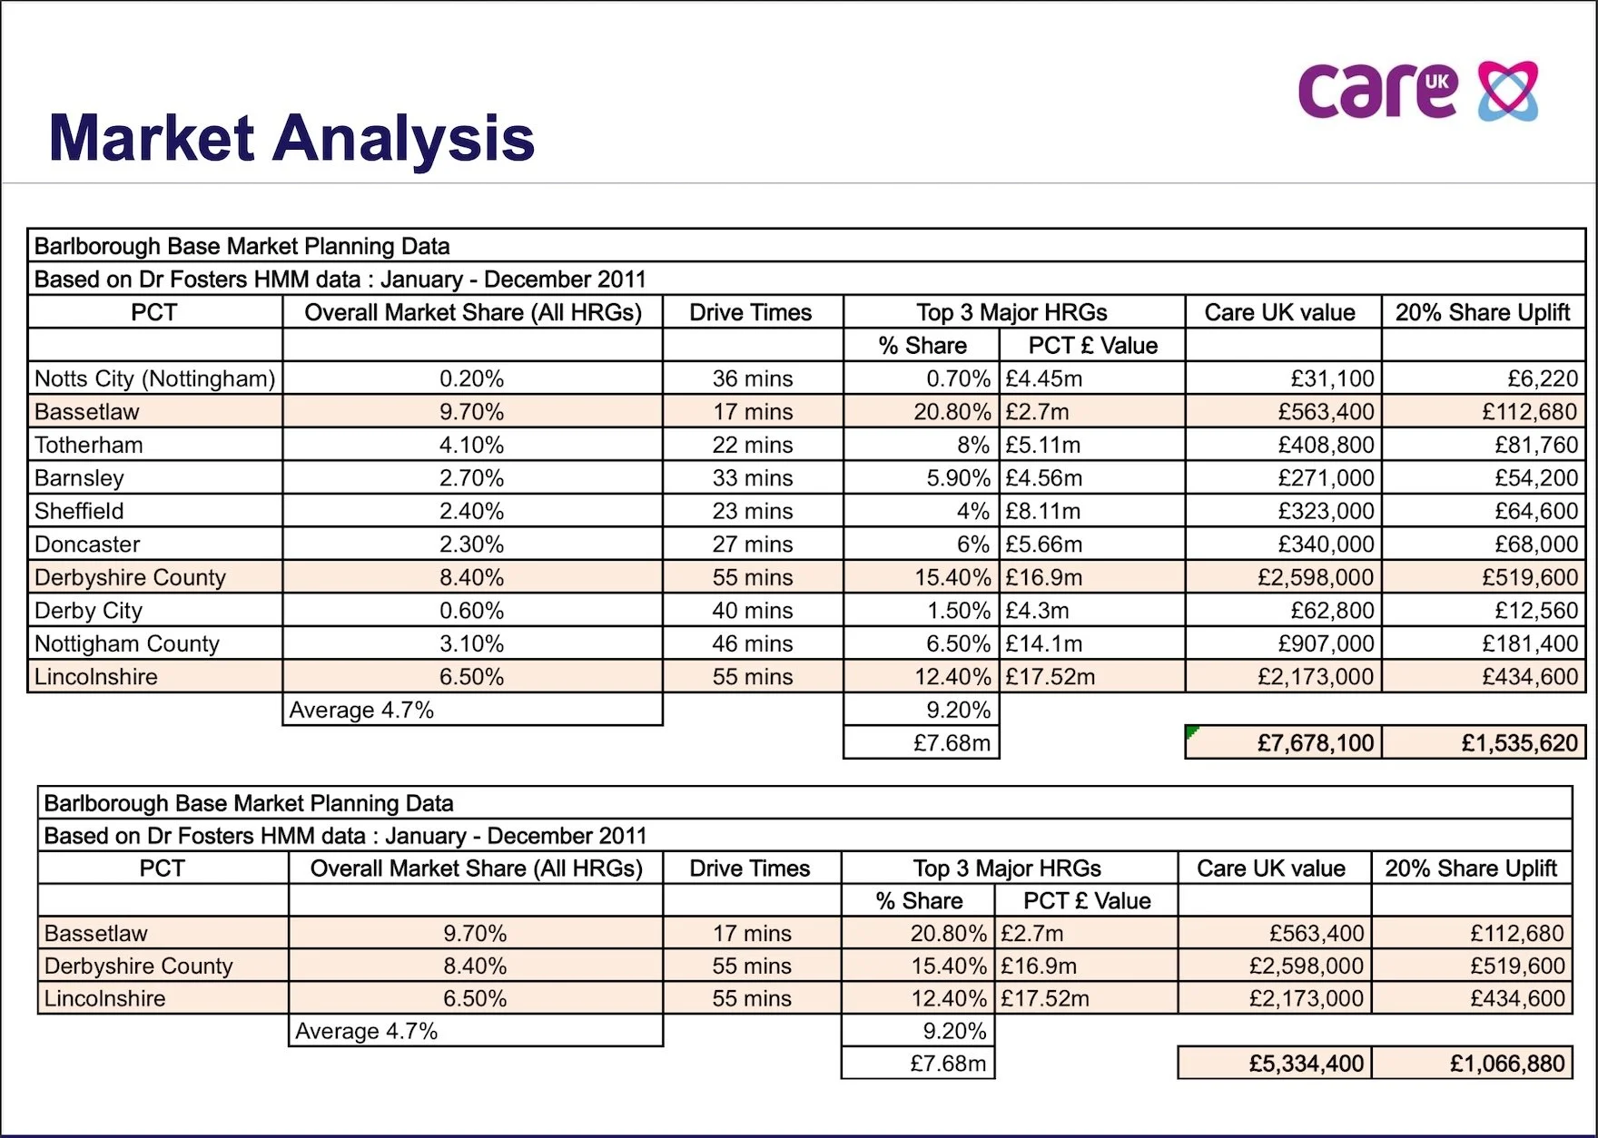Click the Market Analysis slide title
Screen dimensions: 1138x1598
[291, 138]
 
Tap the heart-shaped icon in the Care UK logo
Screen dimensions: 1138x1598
[1508, 91]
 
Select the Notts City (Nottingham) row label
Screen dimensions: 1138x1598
[154, 378]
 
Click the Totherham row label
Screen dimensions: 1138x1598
[89, 445]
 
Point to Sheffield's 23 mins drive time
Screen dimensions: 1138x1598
[752, 511]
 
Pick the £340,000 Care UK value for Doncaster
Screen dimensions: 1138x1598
[1326, 544]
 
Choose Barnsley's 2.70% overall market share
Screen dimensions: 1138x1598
[471, 478]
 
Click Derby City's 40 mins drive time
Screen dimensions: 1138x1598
[752, 611]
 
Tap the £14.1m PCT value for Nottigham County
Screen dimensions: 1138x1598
[1043, 643]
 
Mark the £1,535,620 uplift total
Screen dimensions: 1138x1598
[1519, 743]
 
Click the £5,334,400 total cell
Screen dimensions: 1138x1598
[1306, 1064]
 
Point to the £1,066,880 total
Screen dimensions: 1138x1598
[1507, 1064]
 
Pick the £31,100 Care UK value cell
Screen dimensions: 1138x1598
[1332, 378]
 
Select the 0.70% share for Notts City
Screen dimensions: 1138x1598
[958, 378]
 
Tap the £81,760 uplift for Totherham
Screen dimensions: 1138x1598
[1536, 445]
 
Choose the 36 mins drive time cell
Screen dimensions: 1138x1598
[752, 378]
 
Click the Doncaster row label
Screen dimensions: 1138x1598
[87, 544]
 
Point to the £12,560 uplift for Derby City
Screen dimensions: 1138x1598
[1536, 611]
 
